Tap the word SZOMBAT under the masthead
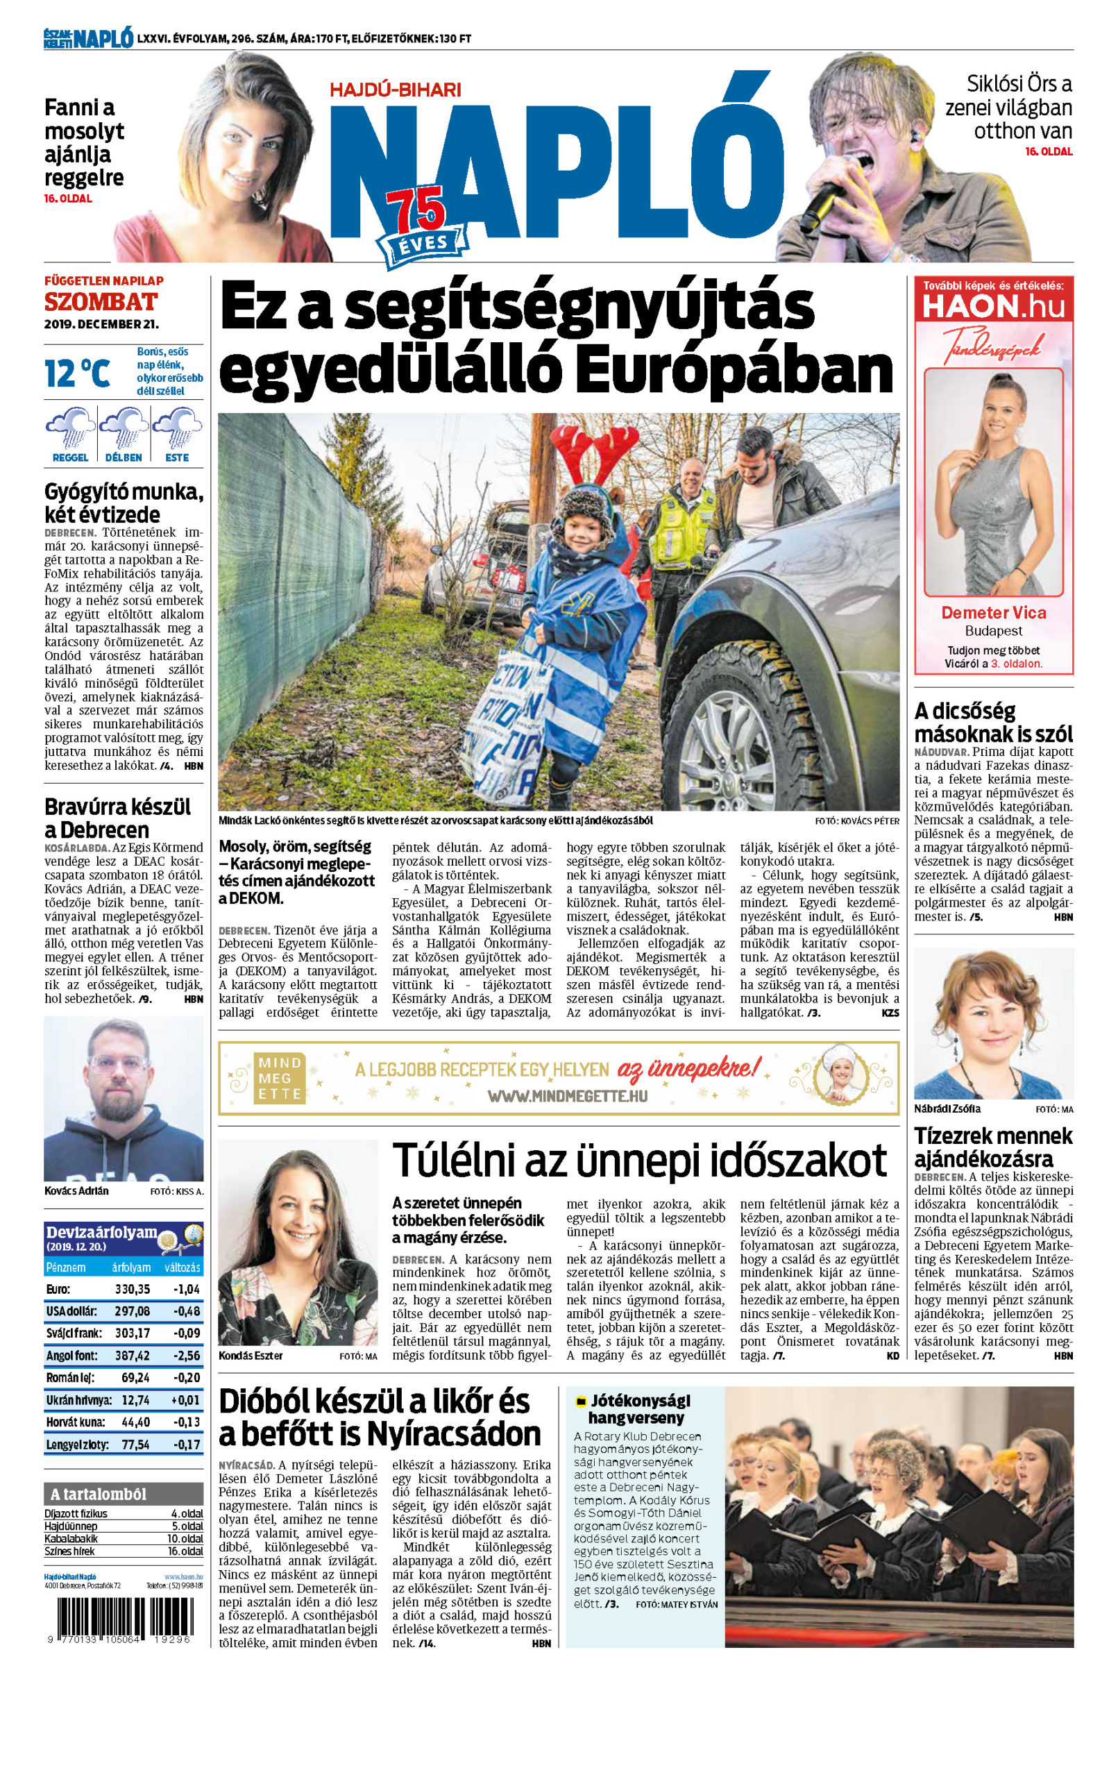101,302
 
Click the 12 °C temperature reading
78,372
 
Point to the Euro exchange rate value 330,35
132,1289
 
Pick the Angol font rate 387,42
132,1356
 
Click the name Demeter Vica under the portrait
993,612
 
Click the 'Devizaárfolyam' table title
102,1231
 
